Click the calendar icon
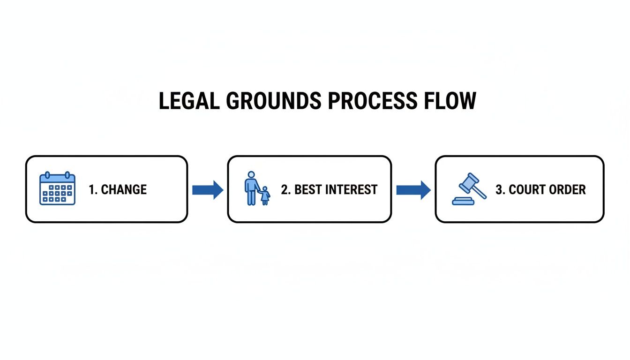(x=57, y=188)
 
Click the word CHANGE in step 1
(x=124, y=190)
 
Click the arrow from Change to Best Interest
(x=208, y=190)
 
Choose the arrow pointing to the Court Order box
(x=413, y=190)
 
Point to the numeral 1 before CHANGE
(x=91, y=190)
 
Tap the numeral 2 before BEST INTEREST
(x=284, y=190)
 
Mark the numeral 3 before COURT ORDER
(x=499, y=190)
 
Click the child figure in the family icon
(x=265, y=195)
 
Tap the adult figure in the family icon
(x=251, y=187)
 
